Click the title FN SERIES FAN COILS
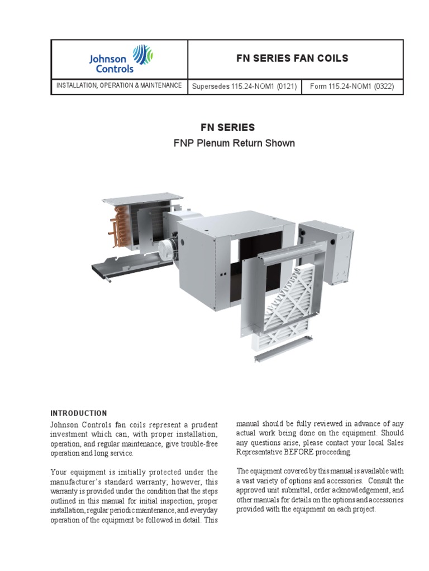pos(293,58)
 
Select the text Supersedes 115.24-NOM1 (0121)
pos(244,86)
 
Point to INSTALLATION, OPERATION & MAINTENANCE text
pos(118,85)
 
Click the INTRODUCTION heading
pos(78,413)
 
